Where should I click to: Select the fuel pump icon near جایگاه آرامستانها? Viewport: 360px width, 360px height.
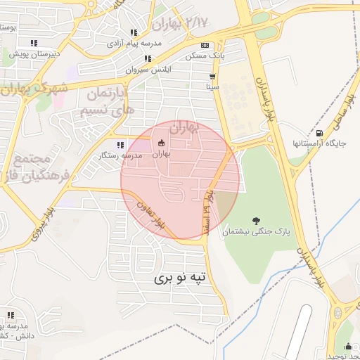click(320, 133)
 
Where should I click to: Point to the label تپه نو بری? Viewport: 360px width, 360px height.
click(182, 278)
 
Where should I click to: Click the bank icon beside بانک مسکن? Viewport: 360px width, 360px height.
click(204, 45)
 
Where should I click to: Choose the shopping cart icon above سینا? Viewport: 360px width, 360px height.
click(212, 76)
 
